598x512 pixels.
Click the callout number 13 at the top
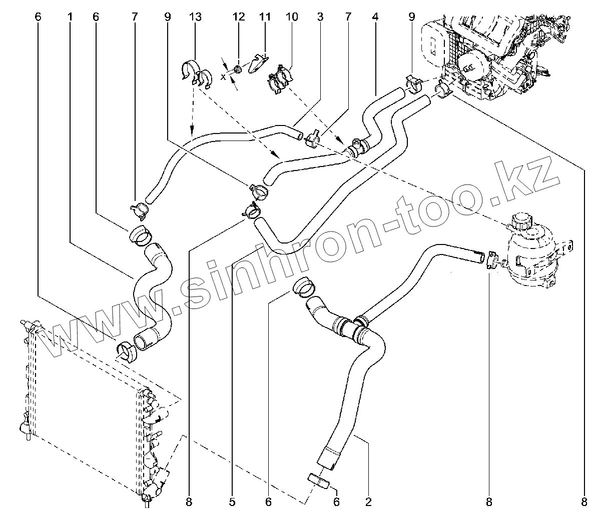pos(195,16)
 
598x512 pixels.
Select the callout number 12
pos(239,16)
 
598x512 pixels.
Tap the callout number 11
pos(264,16)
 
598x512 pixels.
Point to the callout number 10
pos(291,16)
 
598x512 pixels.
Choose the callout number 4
pos(374,16)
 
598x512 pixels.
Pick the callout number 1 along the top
pos(70,16)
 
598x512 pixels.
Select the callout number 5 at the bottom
pos(232,501)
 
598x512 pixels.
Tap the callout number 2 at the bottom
pos(368,501)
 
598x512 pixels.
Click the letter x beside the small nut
pos(223,77)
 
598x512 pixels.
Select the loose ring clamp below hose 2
pos(318,481)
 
